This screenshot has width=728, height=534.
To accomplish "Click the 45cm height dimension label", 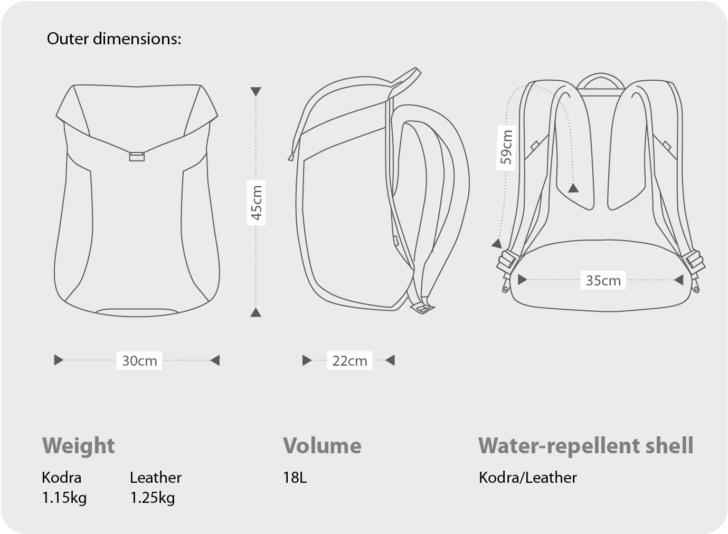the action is [x=257, y=203].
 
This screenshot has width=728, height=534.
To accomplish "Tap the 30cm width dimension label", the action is [x=139, y=361].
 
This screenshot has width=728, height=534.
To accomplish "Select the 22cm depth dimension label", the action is [x=349, y=361].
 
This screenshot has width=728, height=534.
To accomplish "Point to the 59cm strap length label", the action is [x=506, y=147].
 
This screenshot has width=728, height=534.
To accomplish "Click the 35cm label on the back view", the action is [x=603, y=280].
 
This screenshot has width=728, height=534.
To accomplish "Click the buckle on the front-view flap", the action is [x=137, y=157].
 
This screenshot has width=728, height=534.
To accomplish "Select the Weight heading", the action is [x=78, y=446].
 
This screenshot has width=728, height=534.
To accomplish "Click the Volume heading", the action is [x=322, y=446].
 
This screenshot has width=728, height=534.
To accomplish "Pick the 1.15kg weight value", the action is [x=64, y=498].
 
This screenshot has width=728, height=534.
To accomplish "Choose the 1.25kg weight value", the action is [x=153, y=498].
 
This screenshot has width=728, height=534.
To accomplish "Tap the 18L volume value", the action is [x=295, y=478].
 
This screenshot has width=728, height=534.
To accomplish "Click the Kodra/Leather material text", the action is [x=528, y=478].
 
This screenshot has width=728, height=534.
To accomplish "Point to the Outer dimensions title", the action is [x=114, y=39].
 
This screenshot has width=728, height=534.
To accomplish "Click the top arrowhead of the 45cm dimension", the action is [x=256, y=92].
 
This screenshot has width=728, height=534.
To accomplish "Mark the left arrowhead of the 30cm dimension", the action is [x=59, y=360].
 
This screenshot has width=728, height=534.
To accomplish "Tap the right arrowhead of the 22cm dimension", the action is [x=390, y=360].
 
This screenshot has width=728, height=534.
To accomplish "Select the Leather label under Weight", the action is [x=156, y=478].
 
